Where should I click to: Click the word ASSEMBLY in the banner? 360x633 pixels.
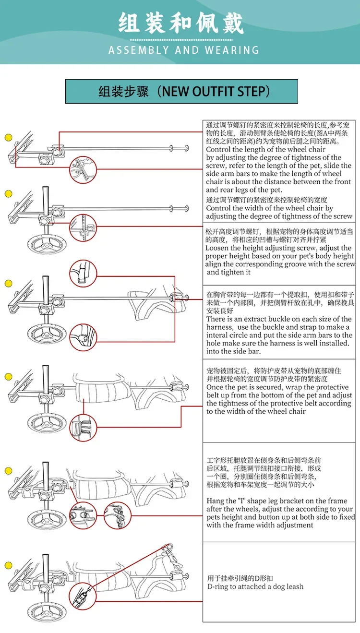click(139, 50)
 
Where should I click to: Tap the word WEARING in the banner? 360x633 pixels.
click(232, 50)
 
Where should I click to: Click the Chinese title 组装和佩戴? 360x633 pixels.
click(181, 23)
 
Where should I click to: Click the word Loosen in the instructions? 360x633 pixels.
click(217, 248)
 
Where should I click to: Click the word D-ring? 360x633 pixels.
click(218, 586)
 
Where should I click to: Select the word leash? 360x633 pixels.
click(295, 586)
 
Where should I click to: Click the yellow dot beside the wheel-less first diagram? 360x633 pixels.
click(9, 138)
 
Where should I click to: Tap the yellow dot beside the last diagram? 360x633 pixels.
click(9, 565)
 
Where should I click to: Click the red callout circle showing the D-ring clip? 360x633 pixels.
click(83, 596)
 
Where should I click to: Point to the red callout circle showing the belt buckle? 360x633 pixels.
click(83, 428)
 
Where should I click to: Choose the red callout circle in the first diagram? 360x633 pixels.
click(83, 170)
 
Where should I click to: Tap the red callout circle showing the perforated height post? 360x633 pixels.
click(83, 228)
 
